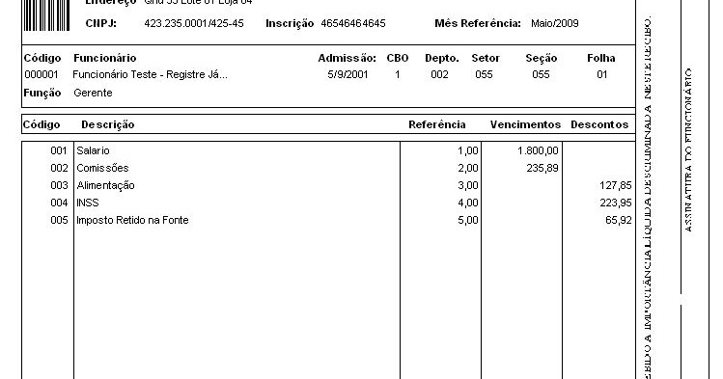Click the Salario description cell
point(94,151)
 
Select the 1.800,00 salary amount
point(538,151)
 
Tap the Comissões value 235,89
point(542,168)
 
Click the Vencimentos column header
point(525,125)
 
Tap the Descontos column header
point(599,125)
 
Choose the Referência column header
point(437,125)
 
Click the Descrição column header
point(108,125)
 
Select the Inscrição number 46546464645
point(353,23)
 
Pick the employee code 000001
point(42,74)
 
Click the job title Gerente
point(93,93)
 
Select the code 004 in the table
point(60,203)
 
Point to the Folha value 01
point(602,74)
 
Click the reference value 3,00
point(468,185)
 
